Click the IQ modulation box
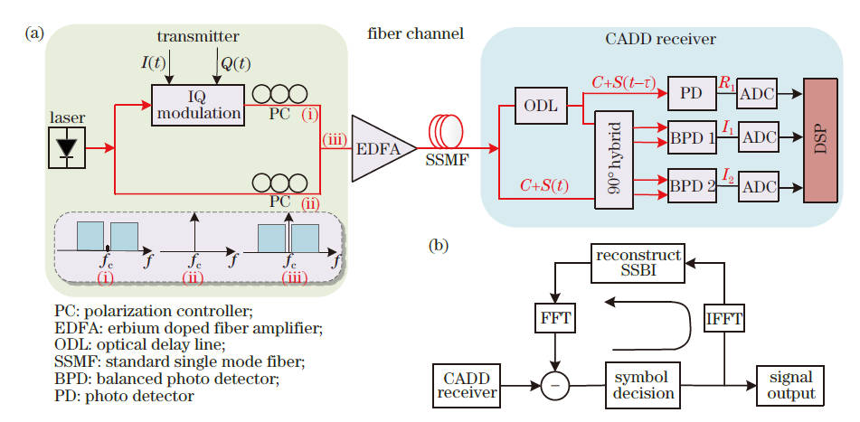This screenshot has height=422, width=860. click(x=197, y=105)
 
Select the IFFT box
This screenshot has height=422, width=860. click(x=722, y=317)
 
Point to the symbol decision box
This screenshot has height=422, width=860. click(x=641, y=385)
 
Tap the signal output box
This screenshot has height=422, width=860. click(x=785, y=385)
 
